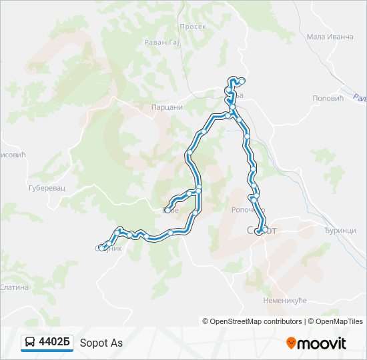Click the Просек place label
(x=192, y=27)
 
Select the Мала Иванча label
(x=330, y=37)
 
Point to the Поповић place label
(x=327, y=98)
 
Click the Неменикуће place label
(x=284, y=301)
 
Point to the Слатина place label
(x=15, y=287)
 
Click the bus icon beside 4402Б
(x=30, y=343)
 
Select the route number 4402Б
(x=55, y=343)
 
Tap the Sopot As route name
(x=101, y=343)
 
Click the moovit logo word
(x=322, y=343)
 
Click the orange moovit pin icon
(x=291, y=343)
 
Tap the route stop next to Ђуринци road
(x=266, y=229)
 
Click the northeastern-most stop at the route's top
(x=242, y=81)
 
